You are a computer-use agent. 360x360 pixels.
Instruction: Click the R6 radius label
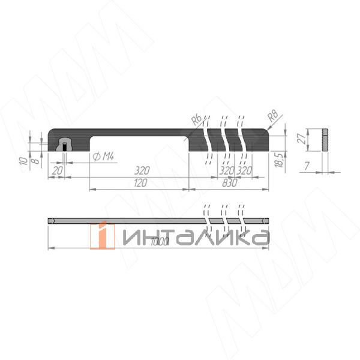tap(196, 120)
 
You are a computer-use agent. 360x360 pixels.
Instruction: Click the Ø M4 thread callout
tap(104, 157)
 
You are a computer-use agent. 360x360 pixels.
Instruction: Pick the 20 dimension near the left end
tap(58, 170)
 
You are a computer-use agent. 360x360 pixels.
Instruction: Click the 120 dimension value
tap(140, 183)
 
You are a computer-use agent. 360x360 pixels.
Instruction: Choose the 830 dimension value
tap(229, 183)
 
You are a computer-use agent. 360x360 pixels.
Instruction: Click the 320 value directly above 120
tap(140, 170)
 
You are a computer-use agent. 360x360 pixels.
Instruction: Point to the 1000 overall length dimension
tap(159, 241)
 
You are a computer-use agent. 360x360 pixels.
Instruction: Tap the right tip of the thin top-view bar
tap(267, 221)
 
